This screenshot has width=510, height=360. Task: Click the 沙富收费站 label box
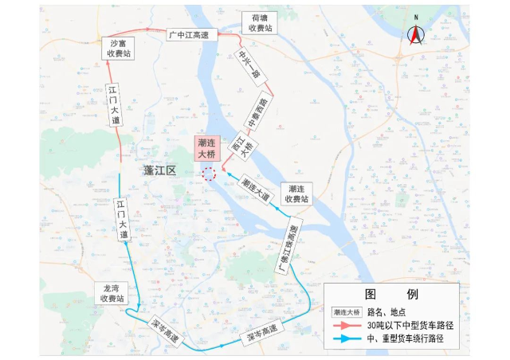pos(120,49)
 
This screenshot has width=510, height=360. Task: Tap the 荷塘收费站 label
pos(260,22)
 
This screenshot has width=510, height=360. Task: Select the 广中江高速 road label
pos(191,34)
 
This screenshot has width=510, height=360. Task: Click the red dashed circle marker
pos(209,174)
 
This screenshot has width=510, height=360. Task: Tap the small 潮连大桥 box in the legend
pos(347,311)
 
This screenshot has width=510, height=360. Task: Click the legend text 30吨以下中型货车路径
pos(410,326)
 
